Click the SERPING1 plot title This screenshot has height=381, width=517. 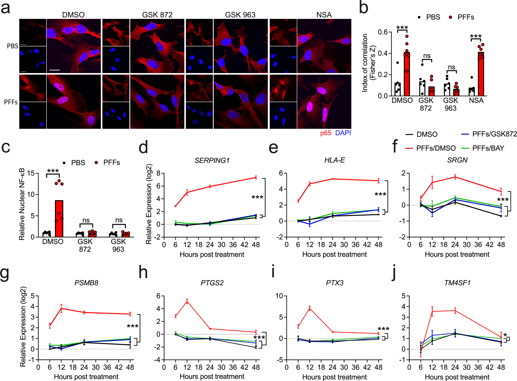pos(212,160)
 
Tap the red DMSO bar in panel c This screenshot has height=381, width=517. pos(59,218)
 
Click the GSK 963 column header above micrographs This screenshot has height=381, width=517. pos(240,15)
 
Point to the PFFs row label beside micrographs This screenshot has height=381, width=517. pos(11,102)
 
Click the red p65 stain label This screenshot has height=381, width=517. pos(326,133)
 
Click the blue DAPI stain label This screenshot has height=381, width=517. pos(343,133)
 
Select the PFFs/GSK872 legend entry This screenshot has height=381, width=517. pos(494,134)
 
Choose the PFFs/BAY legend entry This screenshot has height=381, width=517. pos(488,148)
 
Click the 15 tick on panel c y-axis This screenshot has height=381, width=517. pos(31,173)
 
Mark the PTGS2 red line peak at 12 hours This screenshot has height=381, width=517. pos(187,301)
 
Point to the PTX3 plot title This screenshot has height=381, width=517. pos(335,283)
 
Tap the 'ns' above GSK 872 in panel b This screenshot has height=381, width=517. pos(427,56)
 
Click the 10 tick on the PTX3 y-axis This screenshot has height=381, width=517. pos(279,296)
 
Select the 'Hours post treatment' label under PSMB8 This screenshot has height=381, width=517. pos(86,377)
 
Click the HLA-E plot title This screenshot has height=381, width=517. pos(335,160)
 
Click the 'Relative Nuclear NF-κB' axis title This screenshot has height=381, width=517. pos(22,204)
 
